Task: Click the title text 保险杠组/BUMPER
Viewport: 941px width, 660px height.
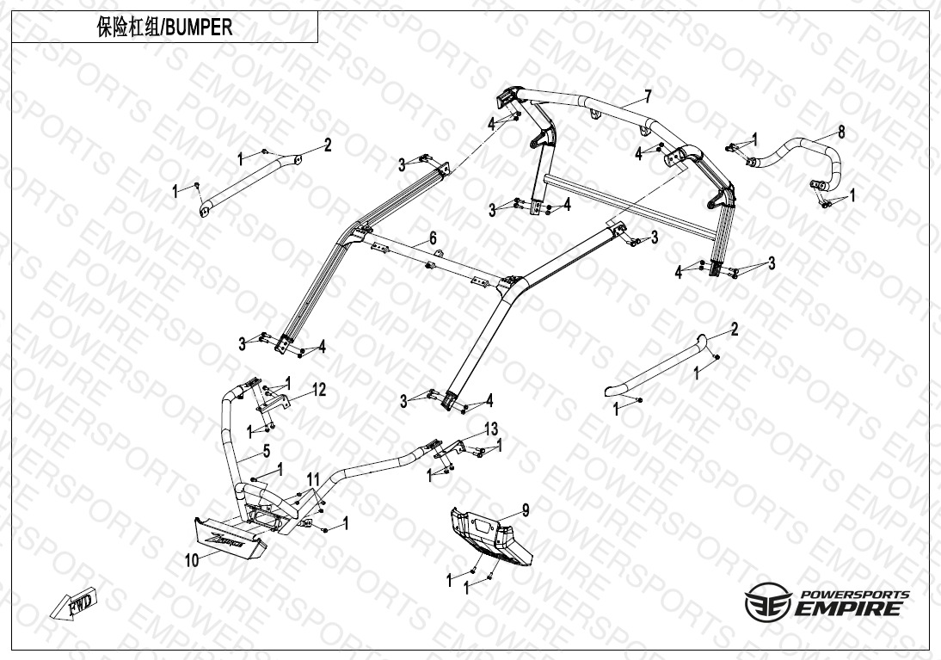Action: (x=163, y=28)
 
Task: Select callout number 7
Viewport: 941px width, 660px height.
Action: (x=648, y=95)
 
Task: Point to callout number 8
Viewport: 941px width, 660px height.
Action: (x=840, y=133)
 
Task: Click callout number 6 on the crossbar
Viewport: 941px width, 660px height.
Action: (x=433, y=237)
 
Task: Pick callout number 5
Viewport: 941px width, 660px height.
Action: (x=267, y=451)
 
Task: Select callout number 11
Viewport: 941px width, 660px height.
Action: (x=313, y=478)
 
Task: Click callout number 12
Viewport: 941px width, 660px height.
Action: (x=319, y=390)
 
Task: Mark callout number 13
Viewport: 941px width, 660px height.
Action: (x=490, y=429)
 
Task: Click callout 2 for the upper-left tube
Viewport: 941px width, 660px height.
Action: (x=327, y=145)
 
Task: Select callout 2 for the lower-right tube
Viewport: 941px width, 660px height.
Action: (x=734, y=329)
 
